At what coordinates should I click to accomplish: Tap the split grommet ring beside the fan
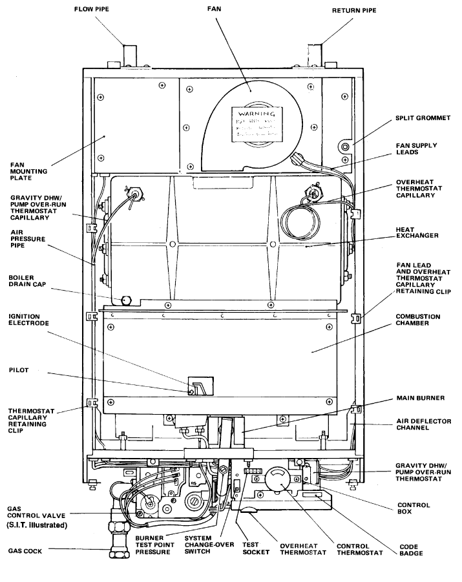tap(344, 147)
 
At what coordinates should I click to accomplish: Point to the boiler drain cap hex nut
tap(127, 300)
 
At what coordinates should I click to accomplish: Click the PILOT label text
tap(19, 370)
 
